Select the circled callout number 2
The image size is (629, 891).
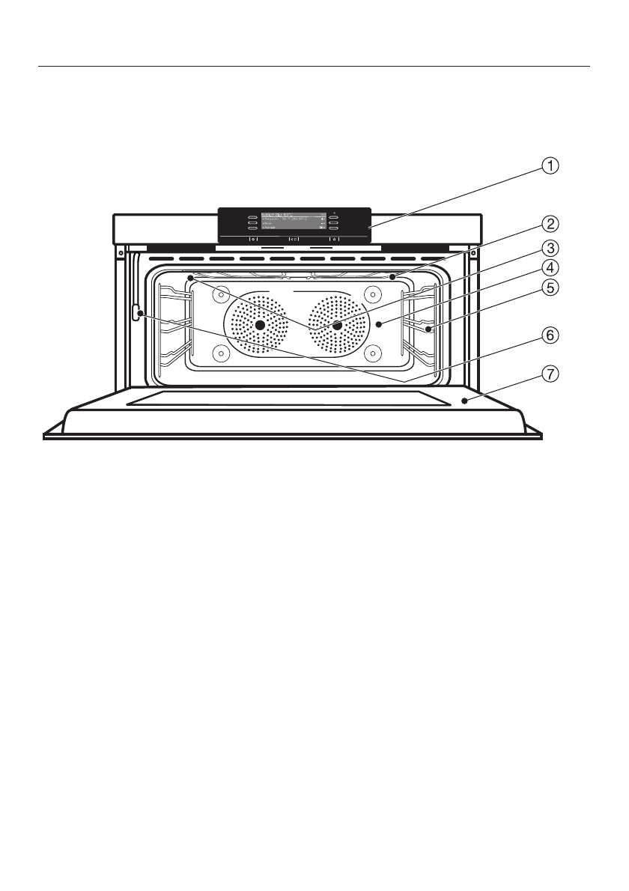[550, 223]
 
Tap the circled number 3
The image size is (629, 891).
[550, 248]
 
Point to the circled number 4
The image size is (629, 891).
[550, 267]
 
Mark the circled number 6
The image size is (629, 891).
[550, 336]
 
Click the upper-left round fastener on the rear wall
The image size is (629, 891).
[220, 295]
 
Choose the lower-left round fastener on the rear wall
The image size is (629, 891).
[220, 353]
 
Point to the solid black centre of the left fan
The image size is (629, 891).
[260, 325]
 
